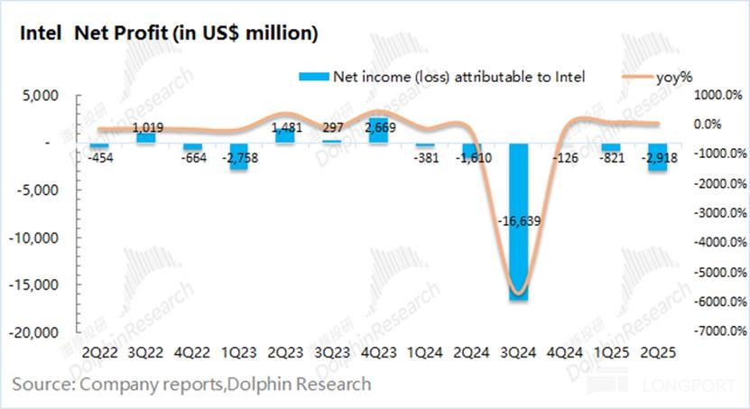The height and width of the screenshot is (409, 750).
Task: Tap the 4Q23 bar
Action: click(378, 130)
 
